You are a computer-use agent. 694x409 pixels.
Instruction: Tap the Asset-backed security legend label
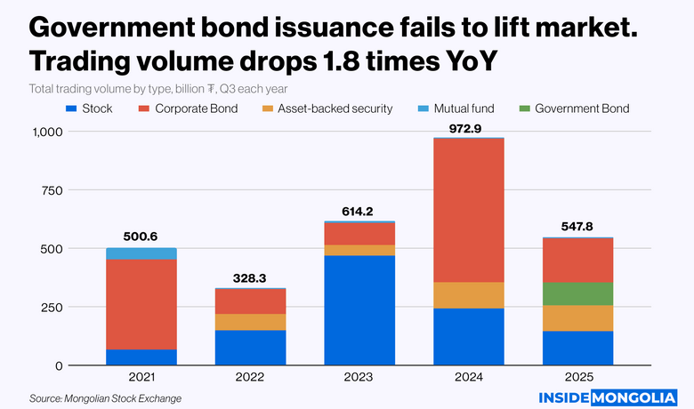(335, 108)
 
